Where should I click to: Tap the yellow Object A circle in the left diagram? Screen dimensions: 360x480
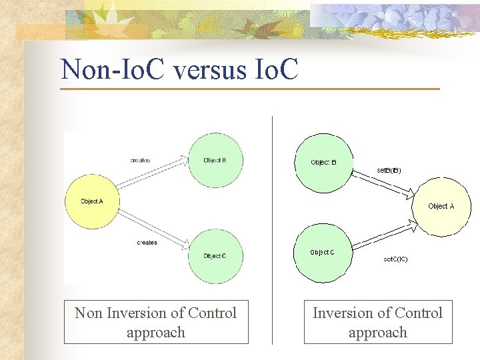(92, 201)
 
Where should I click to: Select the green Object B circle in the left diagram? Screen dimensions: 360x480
(215, 160)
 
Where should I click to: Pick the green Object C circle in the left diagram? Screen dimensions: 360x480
(215, 256)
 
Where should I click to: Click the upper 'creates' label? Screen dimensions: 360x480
(140, 160)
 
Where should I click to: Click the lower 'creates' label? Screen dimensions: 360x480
(147, 243)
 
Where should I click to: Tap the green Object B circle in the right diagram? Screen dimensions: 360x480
(323, 163)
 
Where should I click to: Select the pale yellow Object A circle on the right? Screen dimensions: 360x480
(441, 207)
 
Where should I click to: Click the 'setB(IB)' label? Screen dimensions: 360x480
(389, 170)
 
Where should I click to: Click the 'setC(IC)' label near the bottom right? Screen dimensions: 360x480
(395, 259)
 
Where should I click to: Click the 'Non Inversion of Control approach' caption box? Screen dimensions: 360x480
(156, 322)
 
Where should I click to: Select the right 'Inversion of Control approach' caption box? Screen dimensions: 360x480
(378, 322)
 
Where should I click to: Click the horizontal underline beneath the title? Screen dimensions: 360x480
(250, 89)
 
